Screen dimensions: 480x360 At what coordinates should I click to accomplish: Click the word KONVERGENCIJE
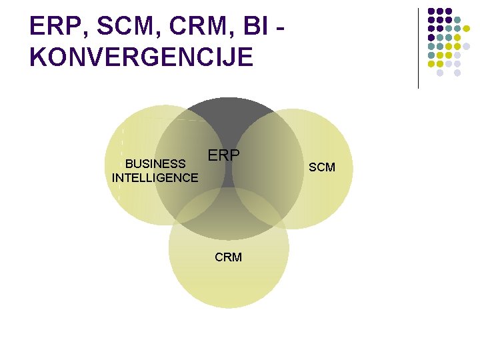point(142,57)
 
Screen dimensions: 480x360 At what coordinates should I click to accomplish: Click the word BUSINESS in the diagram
point(155,164)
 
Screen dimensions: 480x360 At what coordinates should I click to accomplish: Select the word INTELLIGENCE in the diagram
point(155,178)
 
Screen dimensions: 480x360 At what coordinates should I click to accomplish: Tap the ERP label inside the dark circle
point(223,155)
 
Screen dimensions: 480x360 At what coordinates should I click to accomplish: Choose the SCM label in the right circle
point(321,167)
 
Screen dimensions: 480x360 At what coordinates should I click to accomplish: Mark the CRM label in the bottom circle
point(228,257)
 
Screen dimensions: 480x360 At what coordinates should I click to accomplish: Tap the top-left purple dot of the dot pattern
point(431,11)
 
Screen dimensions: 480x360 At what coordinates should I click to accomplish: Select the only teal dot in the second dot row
point(457,20)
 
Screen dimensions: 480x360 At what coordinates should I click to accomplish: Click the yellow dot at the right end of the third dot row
point(466,29)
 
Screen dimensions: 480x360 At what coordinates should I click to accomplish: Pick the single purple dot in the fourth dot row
point(431,37)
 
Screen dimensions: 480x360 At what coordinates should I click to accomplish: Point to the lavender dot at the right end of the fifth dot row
point(466,46)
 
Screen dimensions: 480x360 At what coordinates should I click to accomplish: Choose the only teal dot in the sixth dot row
point(431,55)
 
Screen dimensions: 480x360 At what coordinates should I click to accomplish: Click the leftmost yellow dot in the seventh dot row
point(431,64)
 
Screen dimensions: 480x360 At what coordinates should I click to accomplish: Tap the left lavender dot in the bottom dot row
point(440,73)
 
